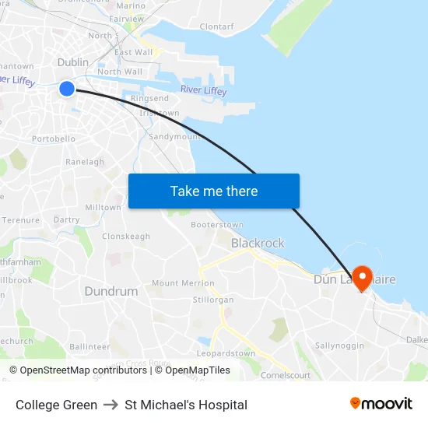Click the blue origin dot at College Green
click(67, 89)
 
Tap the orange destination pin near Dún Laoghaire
click(362, 278)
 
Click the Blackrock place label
click(258, 243)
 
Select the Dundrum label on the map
click(111, 291)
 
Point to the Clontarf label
click(216, 26)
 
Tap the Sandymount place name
click(174, 136)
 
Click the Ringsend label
click(149, 99)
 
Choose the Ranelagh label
click(85, 162)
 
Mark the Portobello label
click(54, 139)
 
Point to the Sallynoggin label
click(340, 345)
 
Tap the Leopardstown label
click(226, 353)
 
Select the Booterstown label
click(217, 224)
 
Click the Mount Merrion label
click(183, 283)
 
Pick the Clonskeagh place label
click(126, 236)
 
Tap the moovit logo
click(381, 404)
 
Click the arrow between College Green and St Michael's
click(111, 405)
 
